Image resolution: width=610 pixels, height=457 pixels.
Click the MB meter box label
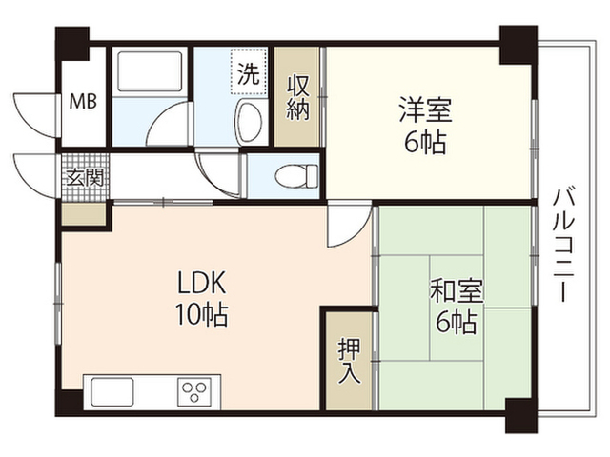coord(83,102)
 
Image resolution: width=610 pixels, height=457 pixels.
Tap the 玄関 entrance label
coord(85,178)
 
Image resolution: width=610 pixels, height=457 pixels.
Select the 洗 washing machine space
coord(249,71)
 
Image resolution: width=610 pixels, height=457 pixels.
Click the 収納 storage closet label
coord(298,97)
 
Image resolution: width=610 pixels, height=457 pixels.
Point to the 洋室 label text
coord(426,110)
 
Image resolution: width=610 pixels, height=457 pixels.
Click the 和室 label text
coord(457,290)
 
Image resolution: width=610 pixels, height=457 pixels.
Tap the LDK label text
coord(201,283)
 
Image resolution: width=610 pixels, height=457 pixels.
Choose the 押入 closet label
coord(349,361)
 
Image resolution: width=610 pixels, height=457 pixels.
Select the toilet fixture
coord(296,175)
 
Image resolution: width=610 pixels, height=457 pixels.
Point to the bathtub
coord(150,71)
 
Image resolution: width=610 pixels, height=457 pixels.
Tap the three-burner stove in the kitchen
coord(194,391)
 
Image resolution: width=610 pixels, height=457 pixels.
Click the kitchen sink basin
coord(112,391)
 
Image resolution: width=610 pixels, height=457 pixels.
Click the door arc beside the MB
coord(36,115)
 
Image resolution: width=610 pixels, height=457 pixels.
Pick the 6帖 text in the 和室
coord(457,322)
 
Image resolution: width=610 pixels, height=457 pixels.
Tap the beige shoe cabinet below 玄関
coord(84,213)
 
